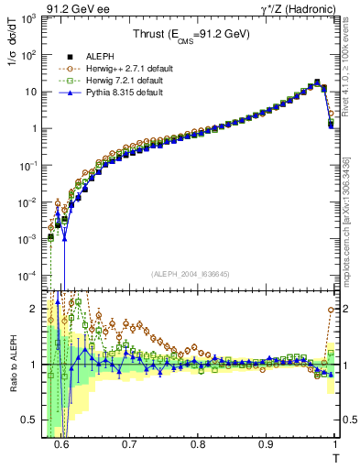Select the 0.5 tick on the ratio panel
pyautogui.click(x=30, y=420)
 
